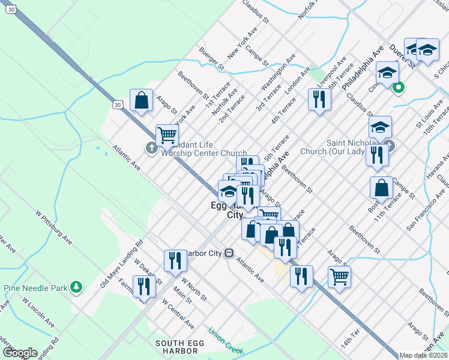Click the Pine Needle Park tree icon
(76, 288)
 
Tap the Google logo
(20, 353)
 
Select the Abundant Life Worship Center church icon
(151, 148)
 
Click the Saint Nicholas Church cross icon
(390, 145)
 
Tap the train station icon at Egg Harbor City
(229, 253)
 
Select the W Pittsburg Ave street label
(53, 227)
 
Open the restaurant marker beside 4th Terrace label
(319, 98)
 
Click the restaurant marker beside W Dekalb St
(144, 287)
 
